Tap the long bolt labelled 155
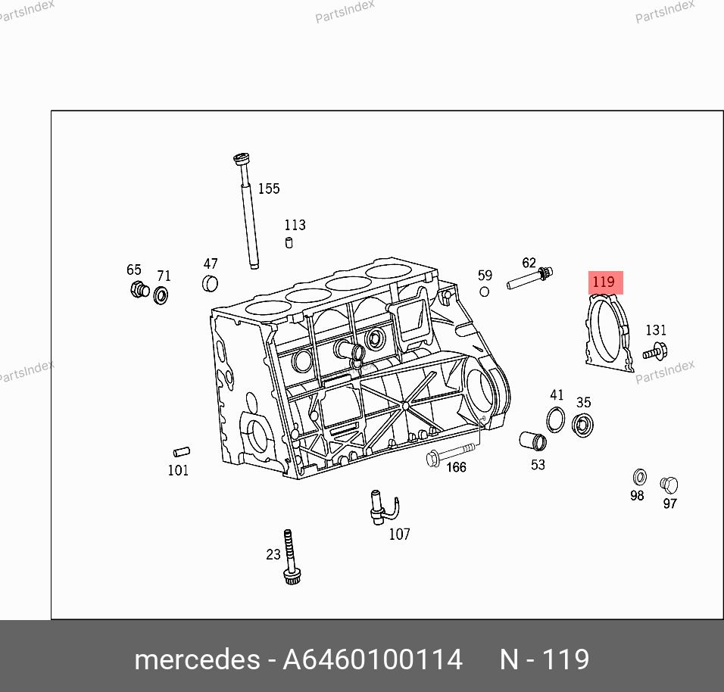click(248, 211)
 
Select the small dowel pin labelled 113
click(289, 243)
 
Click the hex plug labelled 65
click(139, 289)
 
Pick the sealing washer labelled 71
click(161, 295)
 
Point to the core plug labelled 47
click(210, 283)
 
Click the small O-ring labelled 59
click(485, 291)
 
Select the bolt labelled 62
click(529, 279)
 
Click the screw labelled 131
click(655, 352)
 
